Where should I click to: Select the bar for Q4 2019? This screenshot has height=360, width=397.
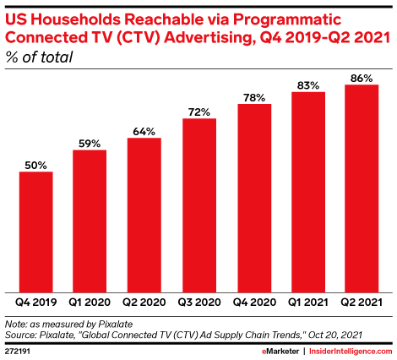36,232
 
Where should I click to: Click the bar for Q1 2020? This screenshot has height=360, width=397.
90,221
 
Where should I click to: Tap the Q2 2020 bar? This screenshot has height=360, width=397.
144,215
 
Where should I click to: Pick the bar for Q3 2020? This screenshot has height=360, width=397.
199,205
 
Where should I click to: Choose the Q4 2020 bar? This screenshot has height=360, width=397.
254,199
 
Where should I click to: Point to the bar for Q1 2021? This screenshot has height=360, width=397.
308,192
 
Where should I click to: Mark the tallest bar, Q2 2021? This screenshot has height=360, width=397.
362,188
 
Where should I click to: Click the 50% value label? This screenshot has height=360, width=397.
35,166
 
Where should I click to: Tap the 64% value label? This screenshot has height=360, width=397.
144,132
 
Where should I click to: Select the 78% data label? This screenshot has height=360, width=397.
254,98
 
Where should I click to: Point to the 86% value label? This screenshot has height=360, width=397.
362,79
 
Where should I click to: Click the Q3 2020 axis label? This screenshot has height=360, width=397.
199,303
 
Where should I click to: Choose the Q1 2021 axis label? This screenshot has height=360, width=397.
308,303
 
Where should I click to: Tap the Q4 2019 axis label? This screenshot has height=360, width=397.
36,303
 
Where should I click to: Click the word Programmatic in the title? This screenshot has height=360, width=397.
287,19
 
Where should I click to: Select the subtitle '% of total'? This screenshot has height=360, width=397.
39,57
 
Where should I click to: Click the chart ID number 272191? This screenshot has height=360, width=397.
18,352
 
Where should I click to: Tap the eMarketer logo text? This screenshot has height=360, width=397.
280,352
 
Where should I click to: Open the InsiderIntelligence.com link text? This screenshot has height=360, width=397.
351,352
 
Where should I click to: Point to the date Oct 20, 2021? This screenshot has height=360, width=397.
335,335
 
